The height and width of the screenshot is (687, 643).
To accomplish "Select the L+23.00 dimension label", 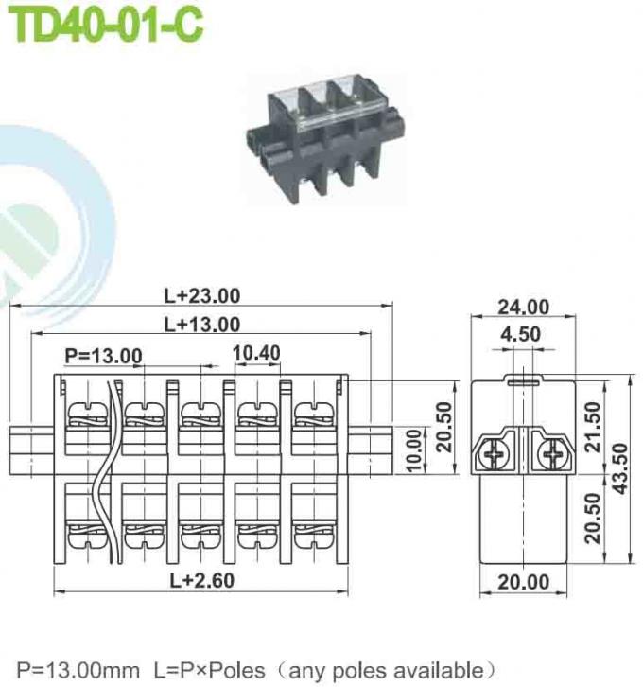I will (201, 296).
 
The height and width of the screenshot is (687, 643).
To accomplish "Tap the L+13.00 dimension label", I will (201, 325).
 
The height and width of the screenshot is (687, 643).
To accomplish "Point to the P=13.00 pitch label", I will (103, 356).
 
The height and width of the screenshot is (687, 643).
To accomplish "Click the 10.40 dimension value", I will (255, 353).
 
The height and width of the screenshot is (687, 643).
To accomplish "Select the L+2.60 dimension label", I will (201, 580).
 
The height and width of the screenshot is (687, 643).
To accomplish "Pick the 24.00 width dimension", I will (523, 307).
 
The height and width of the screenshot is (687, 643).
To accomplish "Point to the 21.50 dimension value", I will (593, 427).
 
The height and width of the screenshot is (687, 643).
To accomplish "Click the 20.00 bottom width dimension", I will (523, 581).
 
